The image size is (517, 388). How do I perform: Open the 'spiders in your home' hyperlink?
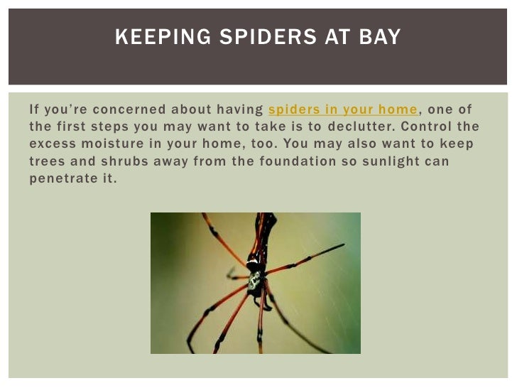point(343,109)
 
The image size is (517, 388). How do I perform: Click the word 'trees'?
point(51,161)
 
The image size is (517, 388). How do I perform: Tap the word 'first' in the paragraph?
point(80,126)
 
